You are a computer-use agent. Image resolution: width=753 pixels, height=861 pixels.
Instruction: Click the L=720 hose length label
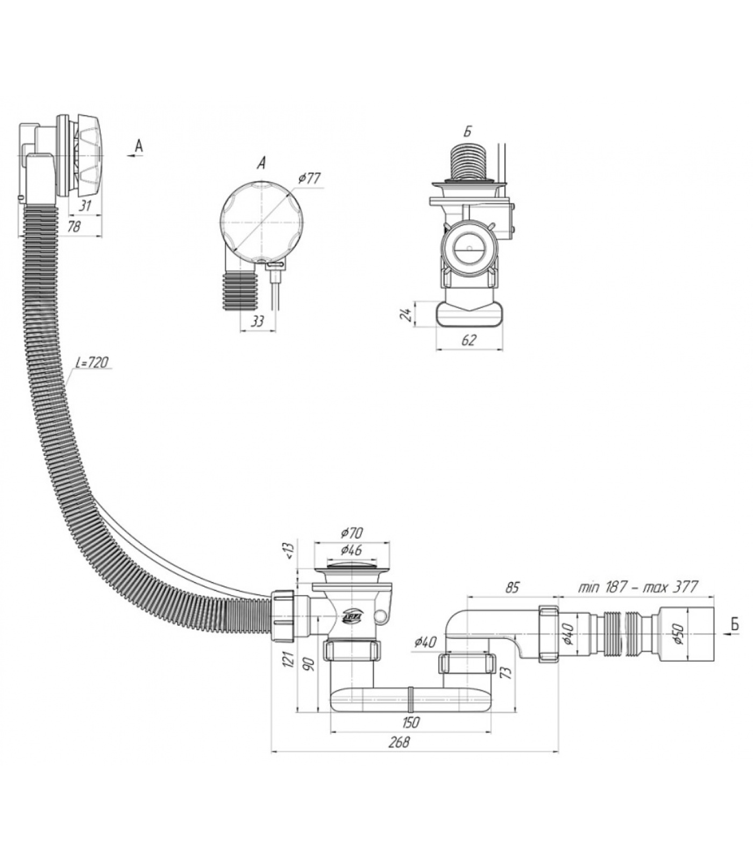94,363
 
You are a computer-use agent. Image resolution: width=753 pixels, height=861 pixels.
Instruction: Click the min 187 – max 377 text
638,587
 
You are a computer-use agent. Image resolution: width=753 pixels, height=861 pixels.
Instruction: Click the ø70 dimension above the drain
352,533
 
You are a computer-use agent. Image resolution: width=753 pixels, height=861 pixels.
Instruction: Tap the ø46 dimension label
352,551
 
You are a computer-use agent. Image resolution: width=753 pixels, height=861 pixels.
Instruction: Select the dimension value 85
512,587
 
